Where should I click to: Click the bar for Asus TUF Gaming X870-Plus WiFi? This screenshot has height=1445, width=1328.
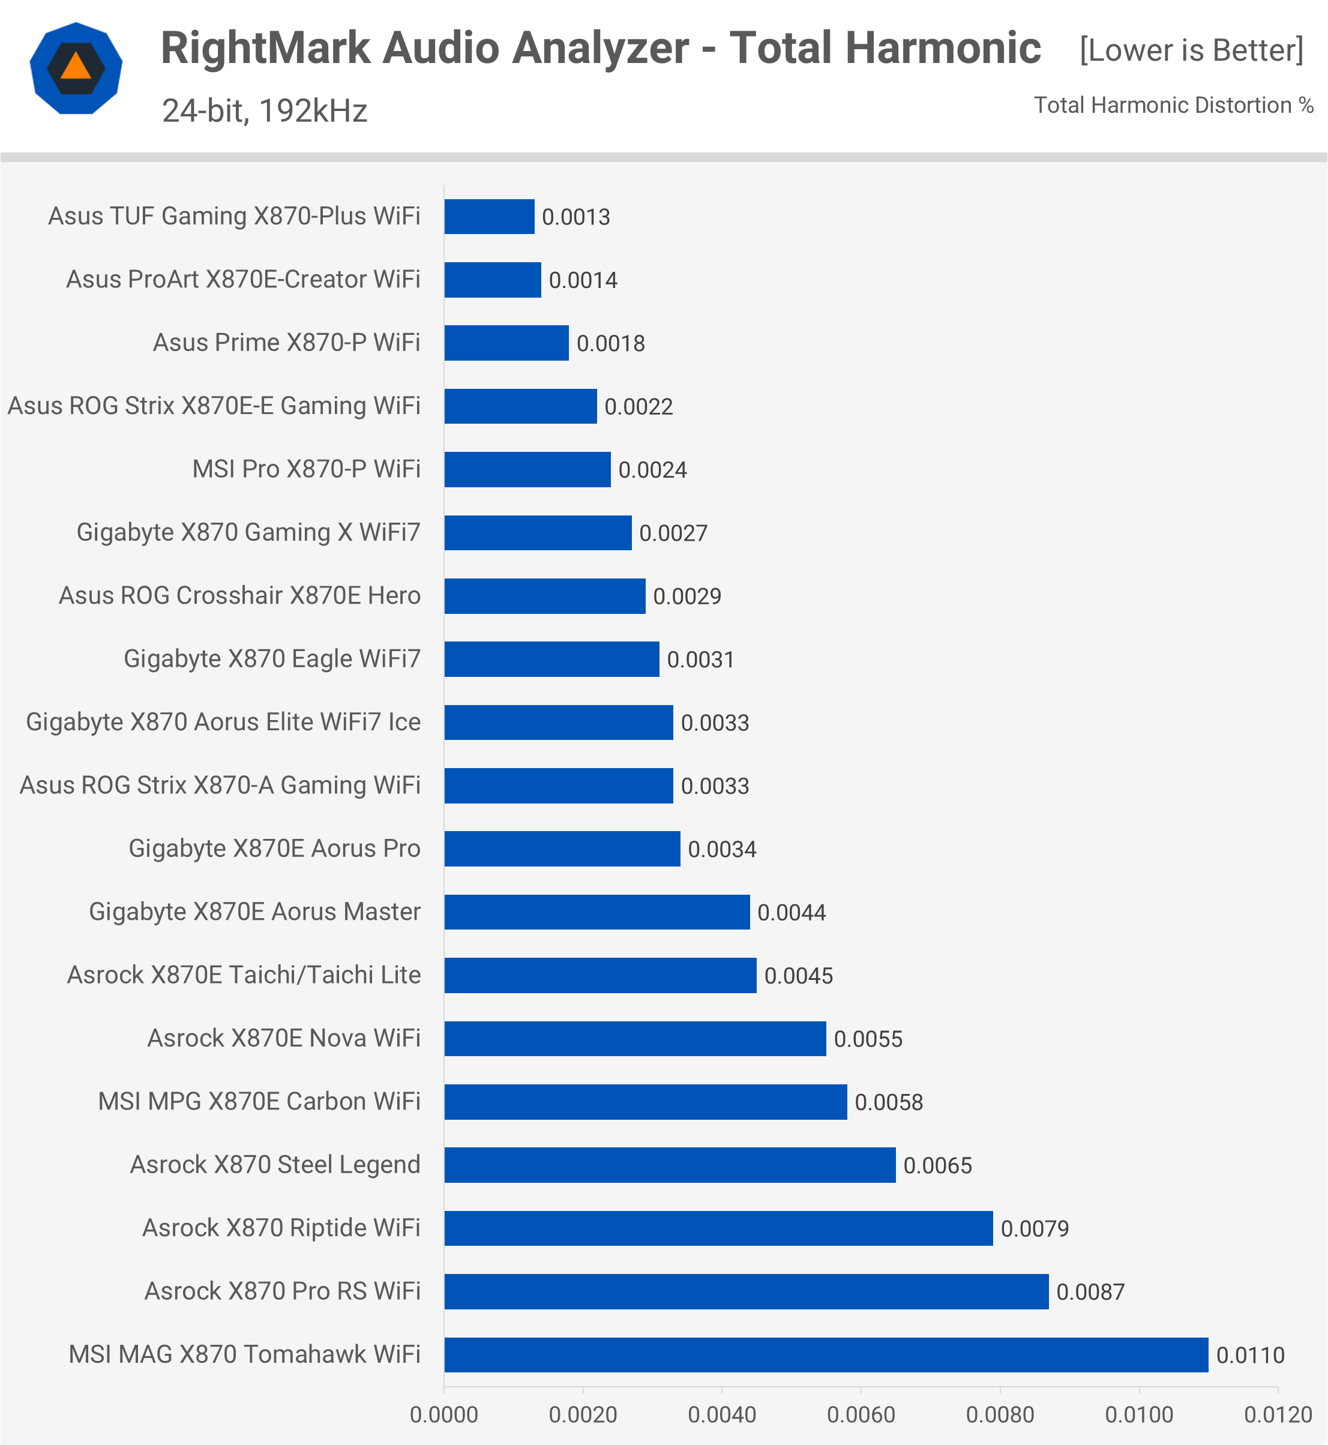pos(490,216)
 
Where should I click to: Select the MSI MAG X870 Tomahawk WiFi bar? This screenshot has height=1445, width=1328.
pos(826,1354)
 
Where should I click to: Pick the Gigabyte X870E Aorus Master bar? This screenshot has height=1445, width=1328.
pos(596,912)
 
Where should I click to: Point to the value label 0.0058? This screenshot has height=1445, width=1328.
pos(888,1102)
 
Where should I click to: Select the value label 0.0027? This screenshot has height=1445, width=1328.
pos(673,533)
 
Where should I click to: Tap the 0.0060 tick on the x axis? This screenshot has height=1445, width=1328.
pos(861,1415)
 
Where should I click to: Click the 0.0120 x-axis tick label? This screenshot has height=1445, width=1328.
pos(1278,1415)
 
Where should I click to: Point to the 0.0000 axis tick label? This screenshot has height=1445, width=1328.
pos(443,1415)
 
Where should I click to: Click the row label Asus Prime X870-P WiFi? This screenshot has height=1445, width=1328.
pos(286,343)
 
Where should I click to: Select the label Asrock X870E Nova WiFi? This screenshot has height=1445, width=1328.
pos(283,1038)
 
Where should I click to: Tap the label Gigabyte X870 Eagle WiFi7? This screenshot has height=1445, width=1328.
pos(272,659)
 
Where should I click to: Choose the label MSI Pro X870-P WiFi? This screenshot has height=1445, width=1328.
pos(306,469)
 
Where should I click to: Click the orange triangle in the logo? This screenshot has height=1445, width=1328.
pos(76,67)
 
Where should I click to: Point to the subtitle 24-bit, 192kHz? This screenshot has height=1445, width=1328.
pos(265,110)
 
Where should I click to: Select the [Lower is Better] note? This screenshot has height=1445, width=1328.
pos(1191,50)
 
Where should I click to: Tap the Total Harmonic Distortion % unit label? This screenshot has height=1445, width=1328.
pos(1173,105)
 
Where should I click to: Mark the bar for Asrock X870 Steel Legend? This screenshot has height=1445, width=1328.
pos(670,1165)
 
